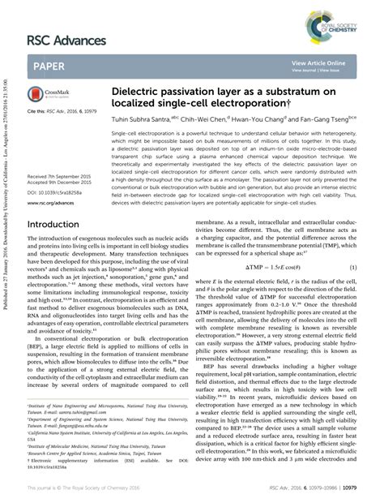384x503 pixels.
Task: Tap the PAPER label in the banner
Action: [x=50, y=65]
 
